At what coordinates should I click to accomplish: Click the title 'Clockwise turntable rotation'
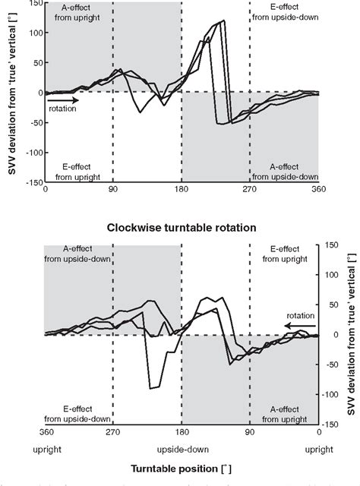(x=181, y=227)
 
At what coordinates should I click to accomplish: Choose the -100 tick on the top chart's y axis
(x=31, y=152)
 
